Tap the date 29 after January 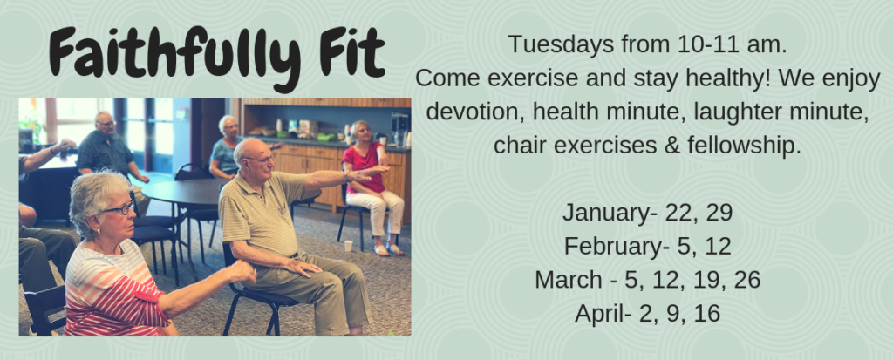719,213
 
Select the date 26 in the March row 746,281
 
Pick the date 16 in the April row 707,314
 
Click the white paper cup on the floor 348,246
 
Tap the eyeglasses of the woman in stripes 118,209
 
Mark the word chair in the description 520,146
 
